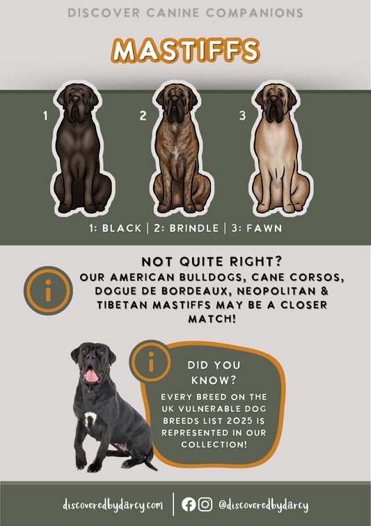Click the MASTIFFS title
click(185, 51)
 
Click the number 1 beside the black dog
click(45, 116)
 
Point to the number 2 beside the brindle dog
click(143, 115)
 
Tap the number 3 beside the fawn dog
click(242, 115)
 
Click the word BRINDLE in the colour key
click(194, 228)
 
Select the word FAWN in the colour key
click(265, 228)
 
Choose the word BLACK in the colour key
click(122, 228)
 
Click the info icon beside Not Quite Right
click(48, 291)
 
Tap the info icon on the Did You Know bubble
click(151, 361)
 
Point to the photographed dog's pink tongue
click(91, 375)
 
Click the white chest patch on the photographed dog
click(90, 420)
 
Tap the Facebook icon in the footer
click(189, 504)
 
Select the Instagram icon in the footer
click(205, 504)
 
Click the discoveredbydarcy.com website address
click(113, 505)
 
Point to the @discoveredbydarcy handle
click(264, 505)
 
